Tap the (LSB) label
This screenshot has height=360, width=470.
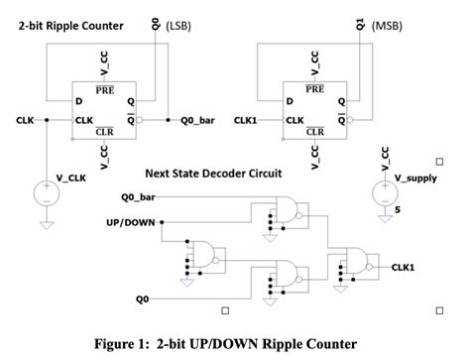tap(179, 25)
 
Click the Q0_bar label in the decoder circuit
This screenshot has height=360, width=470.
tap(133, 197)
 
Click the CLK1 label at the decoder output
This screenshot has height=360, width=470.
tap(404, 267)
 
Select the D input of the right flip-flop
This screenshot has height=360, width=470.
tap(289, 101)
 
